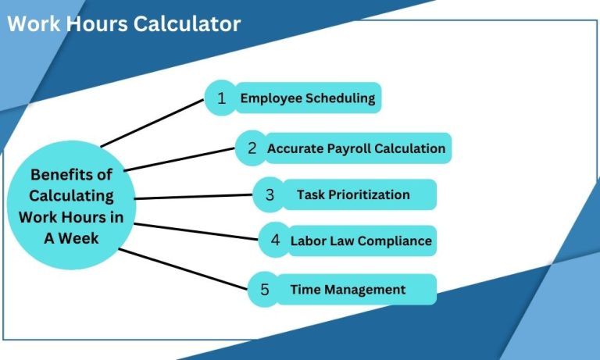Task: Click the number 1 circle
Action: click(x=221, y=99)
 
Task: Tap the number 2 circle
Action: click(x=252, y=148)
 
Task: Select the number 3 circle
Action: click(x=270, y=195)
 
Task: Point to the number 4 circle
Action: click(x=275, y=241)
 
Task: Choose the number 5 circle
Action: click(x=264, y=290)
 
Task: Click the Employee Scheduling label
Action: click(x=308, y=98)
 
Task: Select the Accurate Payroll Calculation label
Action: click(x=356, y=148)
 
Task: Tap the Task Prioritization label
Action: click(x=353, y=195)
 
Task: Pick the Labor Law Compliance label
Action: click(x=361, y=241)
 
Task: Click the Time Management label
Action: click(x=348, y=290)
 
